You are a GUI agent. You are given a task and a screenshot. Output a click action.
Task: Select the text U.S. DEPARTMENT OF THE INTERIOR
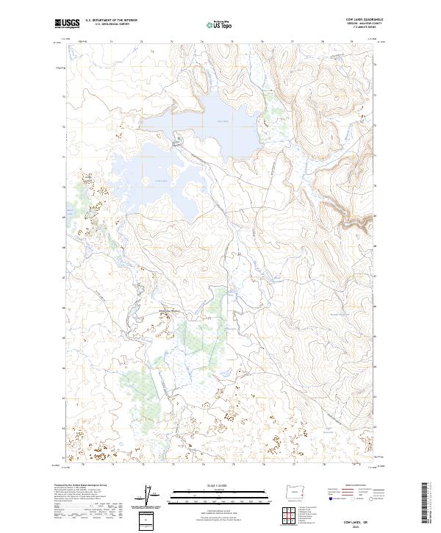point(112,21)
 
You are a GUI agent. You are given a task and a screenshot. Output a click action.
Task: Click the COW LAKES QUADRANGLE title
point(365,20)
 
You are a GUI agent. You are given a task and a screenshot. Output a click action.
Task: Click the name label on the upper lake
point(223,121)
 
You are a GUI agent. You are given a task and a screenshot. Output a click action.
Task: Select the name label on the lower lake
point(162,181)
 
